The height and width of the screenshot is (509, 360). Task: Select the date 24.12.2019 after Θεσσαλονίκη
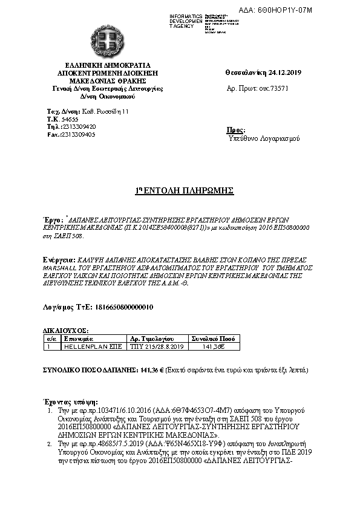pos(286,73)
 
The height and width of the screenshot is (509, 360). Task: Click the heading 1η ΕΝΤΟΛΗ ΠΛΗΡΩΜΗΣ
pos(184,190)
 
